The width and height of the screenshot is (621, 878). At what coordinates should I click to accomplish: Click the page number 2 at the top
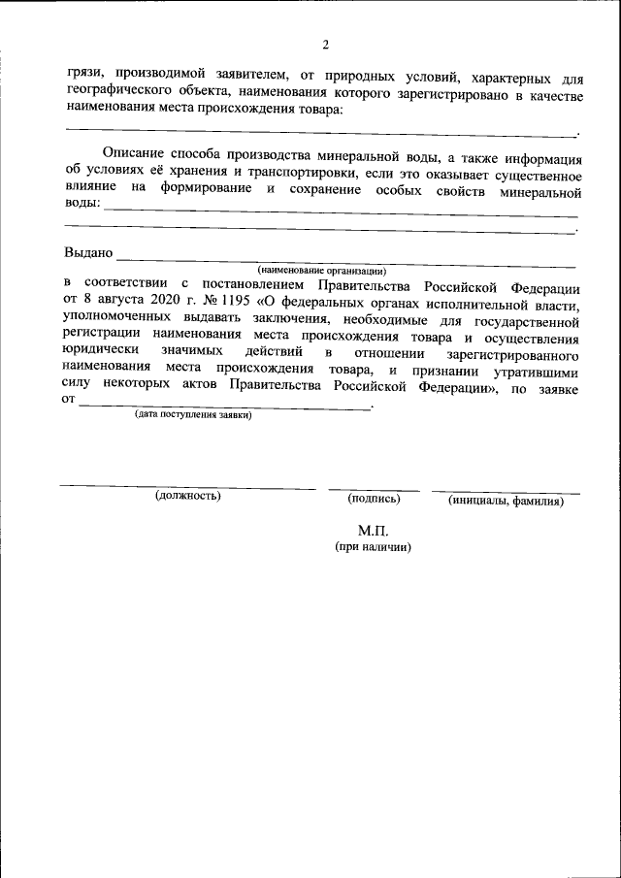pyautogui.click(x=327, y=45)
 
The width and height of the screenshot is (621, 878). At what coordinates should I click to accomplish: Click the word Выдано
pyautogui.click(x=88, y=253)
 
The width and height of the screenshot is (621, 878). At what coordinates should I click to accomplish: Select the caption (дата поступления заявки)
pyautogui.click(x=193, y=415)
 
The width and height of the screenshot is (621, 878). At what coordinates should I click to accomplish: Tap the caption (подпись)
pyautogui.click(x=374, y=498)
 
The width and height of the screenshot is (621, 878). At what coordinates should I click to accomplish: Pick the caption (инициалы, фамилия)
pyautogui.click(x=506, y=501)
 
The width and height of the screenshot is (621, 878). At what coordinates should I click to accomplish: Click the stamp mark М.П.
pyautogui.click(x=373, y=530)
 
